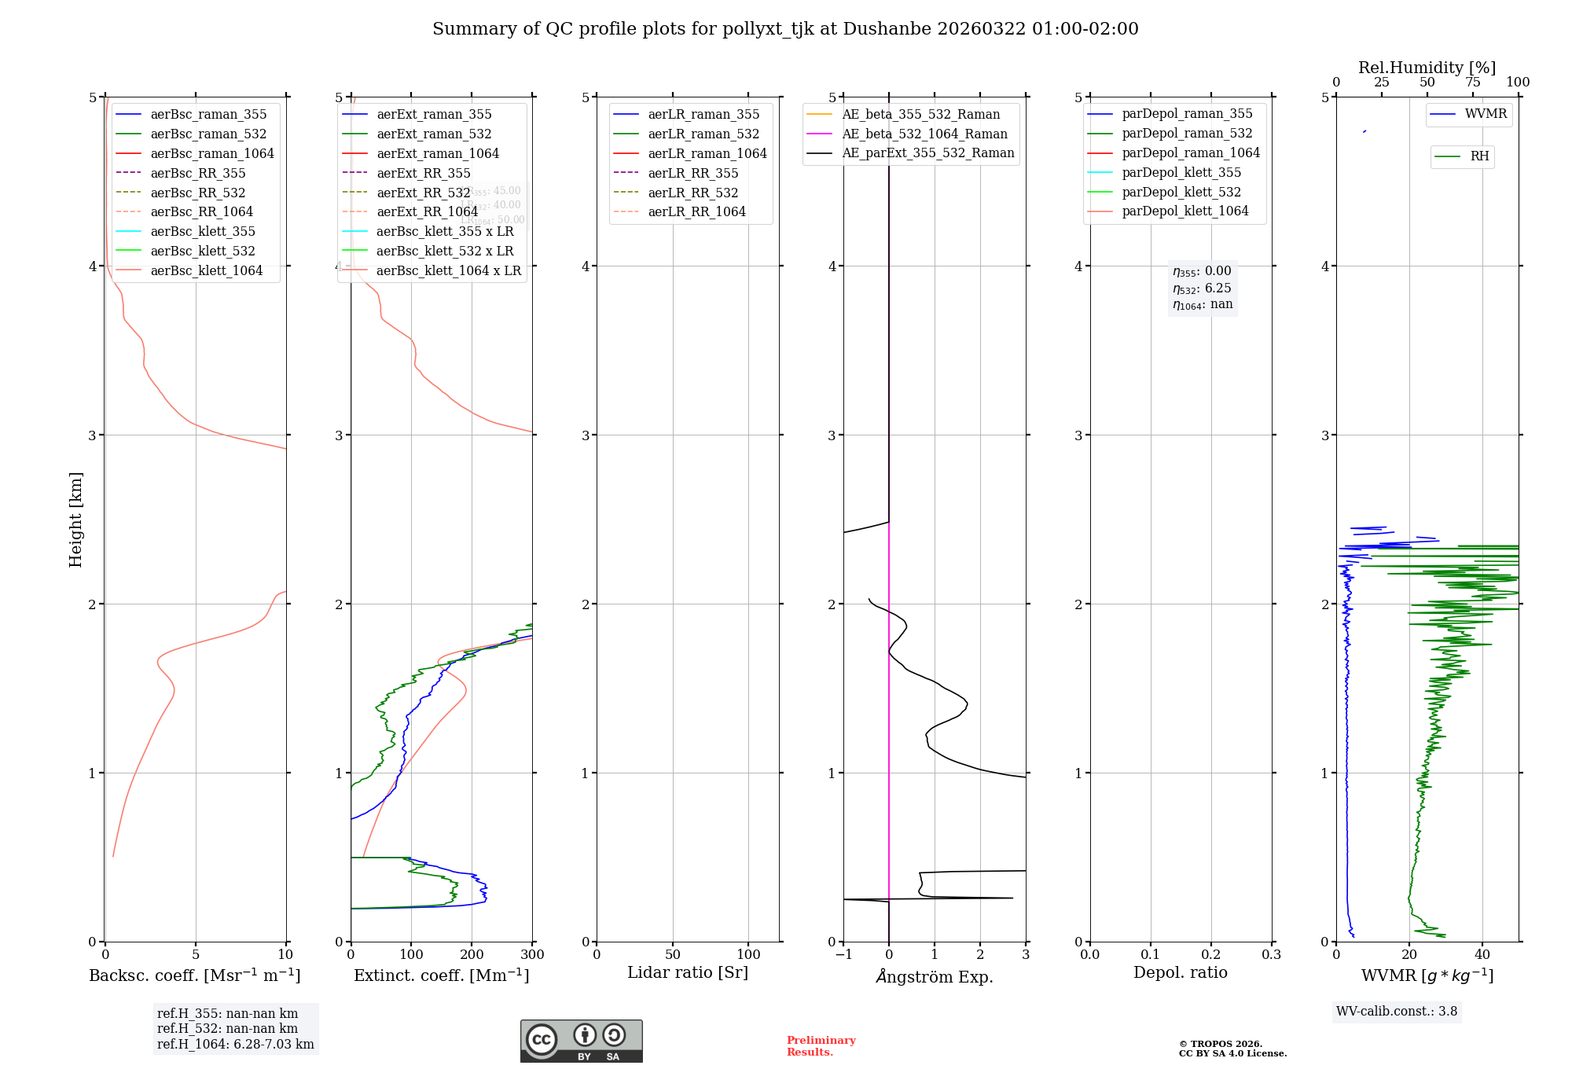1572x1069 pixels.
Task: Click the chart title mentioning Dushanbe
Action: [x=785, y=29]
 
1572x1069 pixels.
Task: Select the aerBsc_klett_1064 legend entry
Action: [x=206, y=270]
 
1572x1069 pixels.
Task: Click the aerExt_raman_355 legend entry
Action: [x=434, y=114]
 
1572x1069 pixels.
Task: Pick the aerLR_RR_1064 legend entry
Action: [x=696, y=211]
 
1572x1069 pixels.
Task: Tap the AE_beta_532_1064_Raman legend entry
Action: [x=924, y=134]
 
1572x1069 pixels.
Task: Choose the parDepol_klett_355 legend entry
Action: [x=1181, y=172]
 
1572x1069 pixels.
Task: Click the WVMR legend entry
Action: [x=1486, y=114]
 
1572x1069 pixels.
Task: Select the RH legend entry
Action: [x=1479, y=156]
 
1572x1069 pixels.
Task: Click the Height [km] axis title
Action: [x=75, y=520]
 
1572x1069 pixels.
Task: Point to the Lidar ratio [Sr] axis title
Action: [x=688, y=972]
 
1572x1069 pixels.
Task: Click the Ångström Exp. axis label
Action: [x=935, y=976]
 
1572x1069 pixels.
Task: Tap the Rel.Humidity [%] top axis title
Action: [x=1427, y=68]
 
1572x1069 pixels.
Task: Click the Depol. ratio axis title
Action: [x=1180, y=972]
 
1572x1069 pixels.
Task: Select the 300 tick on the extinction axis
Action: [x=533, y=955]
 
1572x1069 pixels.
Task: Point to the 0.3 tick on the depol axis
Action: [x=1271, y=955]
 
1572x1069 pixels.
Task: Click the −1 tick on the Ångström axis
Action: [x=843, y=955]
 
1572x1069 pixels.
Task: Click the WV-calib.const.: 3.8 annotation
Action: [x=1397, y=1012]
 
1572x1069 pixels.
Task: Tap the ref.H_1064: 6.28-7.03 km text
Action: [x=235, y=1045]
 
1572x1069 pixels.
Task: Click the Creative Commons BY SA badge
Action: [x=581, y=1041]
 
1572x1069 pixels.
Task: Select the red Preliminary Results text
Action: [x=821, y=1046]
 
